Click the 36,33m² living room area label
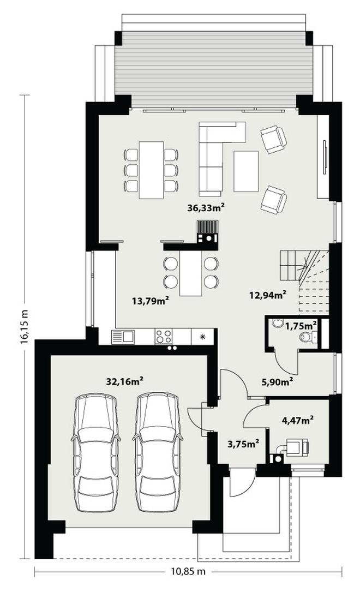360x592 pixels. (x=206, y=207)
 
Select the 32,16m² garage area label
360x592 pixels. (x=124, y=381)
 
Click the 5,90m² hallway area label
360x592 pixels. (x=278, y=382)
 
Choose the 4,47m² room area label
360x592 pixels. (x=298, y=420)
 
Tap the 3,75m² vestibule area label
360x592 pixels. (x=243, y=444)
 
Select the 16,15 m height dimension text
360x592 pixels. (x=25, y=327)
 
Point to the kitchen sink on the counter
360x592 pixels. (x=123, y=337)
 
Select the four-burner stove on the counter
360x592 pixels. (x=164, y=337)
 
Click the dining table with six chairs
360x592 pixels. (x=151, y=170)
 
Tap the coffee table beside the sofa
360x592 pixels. (x=246, y=171)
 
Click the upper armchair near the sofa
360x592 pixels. (x=274, y=139)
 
